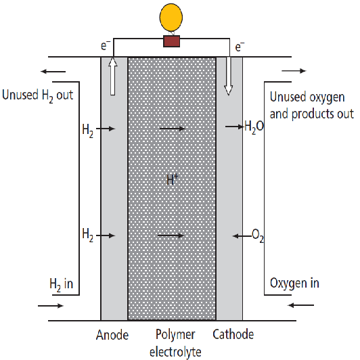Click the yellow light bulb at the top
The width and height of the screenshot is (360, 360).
(x=171, y=18)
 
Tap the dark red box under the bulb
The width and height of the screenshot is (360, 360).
(x=171, y=41)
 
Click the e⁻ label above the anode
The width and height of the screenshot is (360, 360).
(x=106, y=45)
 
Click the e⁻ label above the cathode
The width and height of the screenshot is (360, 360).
(x=240, y=47)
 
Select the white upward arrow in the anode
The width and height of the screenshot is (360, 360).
(x=112, y=76)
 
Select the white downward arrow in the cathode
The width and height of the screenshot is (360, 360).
(x=229, y=76)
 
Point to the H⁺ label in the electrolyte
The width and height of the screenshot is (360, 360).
(x=172, y=179)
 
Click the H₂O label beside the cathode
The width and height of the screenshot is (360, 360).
(x=254, y=127)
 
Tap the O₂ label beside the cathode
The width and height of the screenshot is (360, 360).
(x=258, y=235)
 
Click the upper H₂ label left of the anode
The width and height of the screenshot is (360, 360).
(x=88, y=131)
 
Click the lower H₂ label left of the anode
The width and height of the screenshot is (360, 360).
(x=88, y=235)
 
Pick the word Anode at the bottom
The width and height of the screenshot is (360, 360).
(x=112, y=335)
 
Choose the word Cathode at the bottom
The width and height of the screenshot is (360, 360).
(x=233, y=334)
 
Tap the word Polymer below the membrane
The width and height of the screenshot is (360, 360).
(x=175, y=335)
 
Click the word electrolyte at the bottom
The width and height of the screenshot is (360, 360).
(x=175, y=352)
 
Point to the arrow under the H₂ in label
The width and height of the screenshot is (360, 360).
(x=51, y=306)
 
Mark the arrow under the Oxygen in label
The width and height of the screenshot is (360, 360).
(x=300, y=305)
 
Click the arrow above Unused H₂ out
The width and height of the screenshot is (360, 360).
(x=53, y=72)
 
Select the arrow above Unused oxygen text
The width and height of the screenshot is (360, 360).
(x=294, y=71)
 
